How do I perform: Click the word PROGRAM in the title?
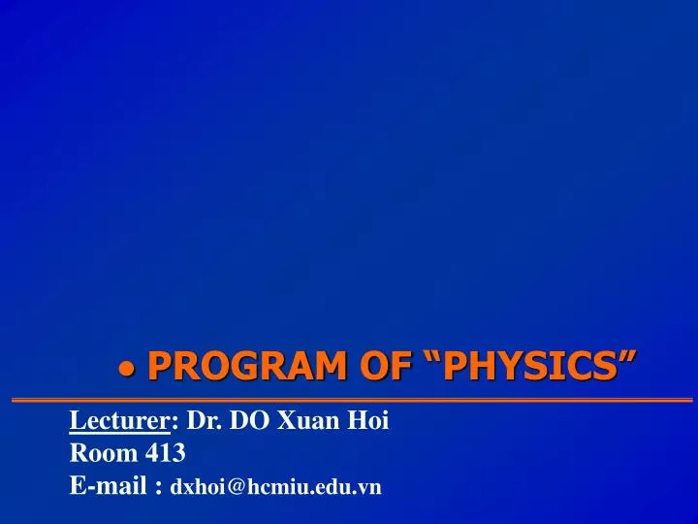coord(246,366)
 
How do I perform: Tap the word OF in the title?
coord(385,366)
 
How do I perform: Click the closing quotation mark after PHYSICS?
coord(627,357)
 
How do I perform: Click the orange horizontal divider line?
coord(352,400)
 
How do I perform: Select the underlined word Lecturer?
coord(119,420)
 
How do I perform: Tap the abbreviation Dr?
coord(204,420)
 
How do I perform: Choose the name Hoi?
coord(368,420)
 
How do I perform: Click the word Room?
coord(104,453)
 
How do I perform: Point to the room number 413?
coord(165,453)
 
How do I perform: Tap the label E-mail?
coord(109,485)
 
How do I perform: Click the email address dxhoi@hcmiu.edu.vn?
coord(275,486)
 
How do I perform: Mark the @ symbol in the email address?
coord(236,486)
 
